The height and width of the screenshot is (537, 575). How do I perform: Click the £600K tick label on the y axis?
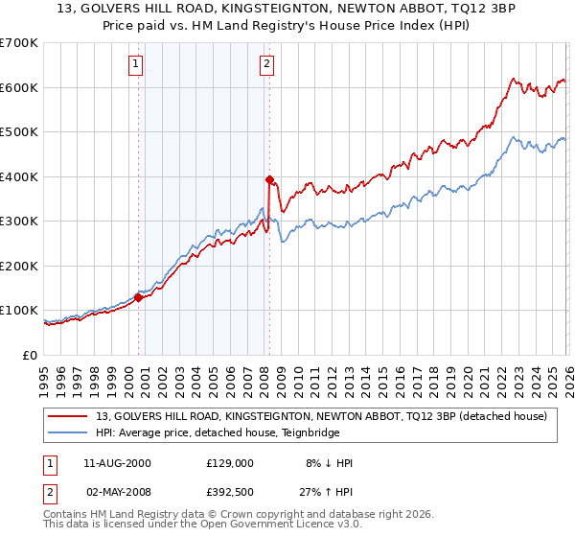pos(18,87)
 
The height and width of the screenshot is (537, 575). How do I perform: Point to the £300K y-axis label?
pos(18,222)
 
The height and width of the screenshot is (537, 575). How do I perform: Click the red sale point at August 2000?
pos(138,297)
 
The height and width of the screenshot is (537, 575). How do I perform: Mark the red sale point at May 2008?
pos(269,179)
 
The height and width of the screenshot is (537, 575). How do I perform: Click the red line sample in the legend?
pos(69,416)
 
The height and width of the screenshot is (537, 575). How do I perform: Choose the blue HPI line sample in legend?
pos(69,432)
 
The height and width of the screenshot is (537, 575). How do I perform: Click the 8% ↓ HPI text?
pos(329,463)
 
